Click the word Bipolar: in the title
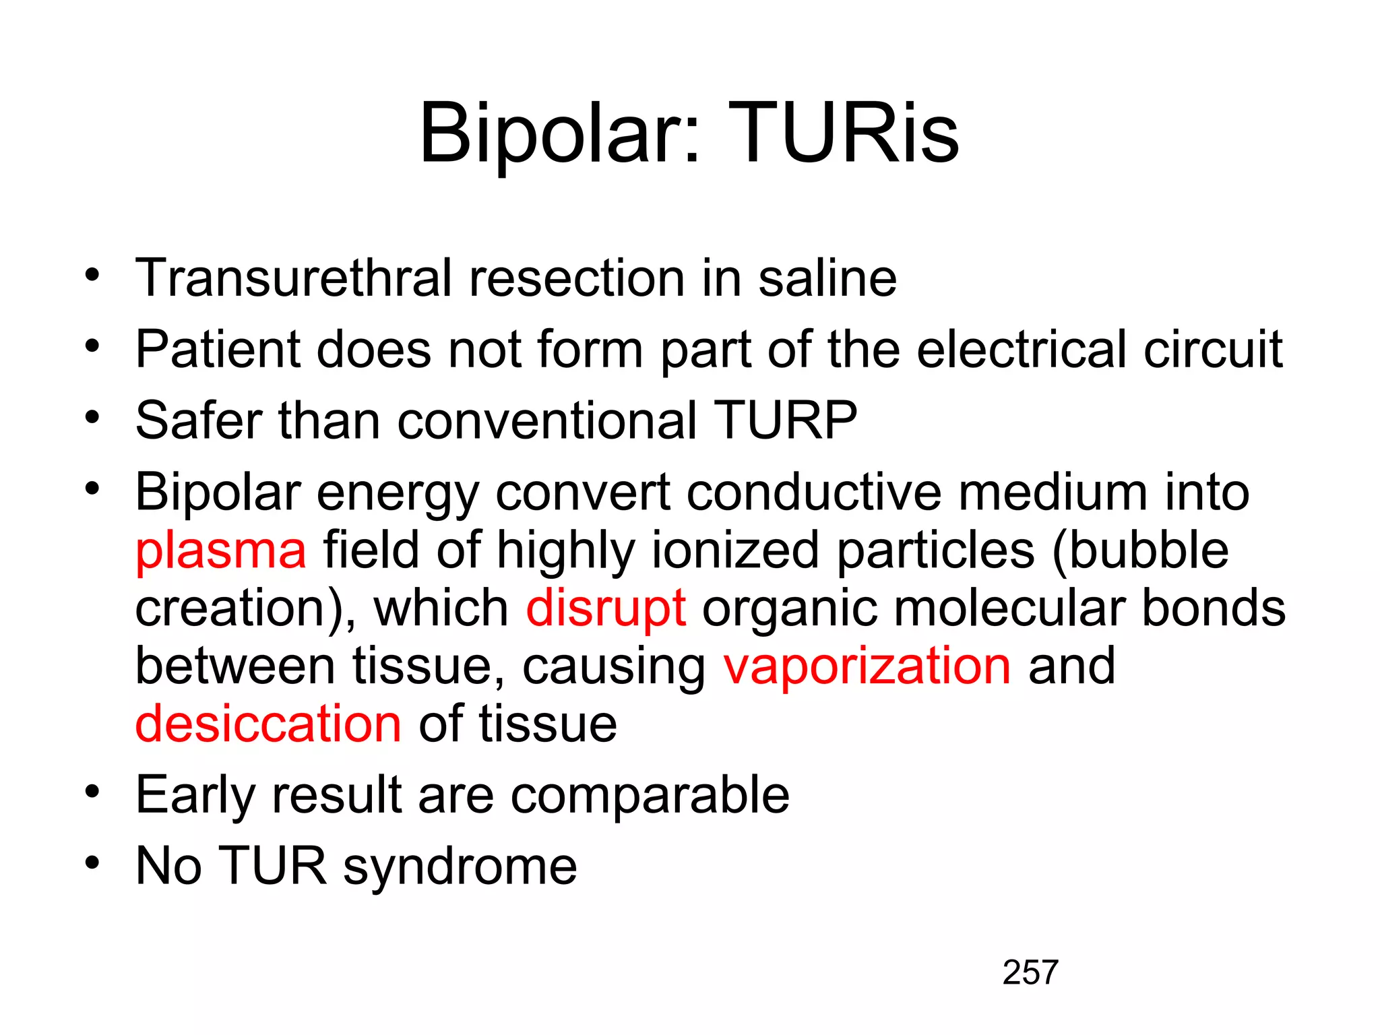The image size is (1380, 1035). coord(559,135)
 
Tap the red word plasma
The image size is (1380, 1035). coord(220,551)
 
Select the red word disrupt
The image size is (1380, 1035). coord(605,608)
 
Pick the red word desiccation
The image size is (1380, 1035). coord(268,724)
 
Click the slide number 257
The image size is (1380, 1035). coord(1030,972)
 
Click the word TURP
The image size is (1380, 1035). coord(785,420)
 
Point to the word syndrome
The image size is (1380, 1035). coord(460,867)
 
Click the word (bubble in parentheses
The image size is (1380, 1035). coord(1140,551)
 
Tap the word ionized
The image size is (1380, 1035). coord(735,551)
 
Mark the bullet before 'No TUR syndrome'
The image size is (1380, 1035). coord(92,862)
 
